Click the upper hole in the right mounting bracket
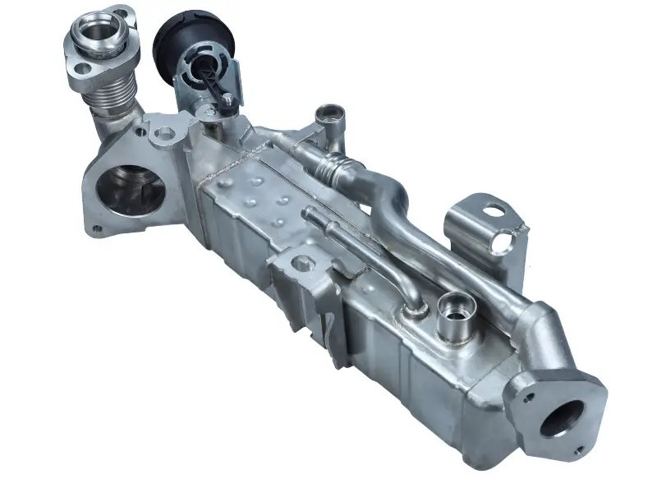(496, 210)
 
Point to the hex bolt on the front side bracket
(299, 265)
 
